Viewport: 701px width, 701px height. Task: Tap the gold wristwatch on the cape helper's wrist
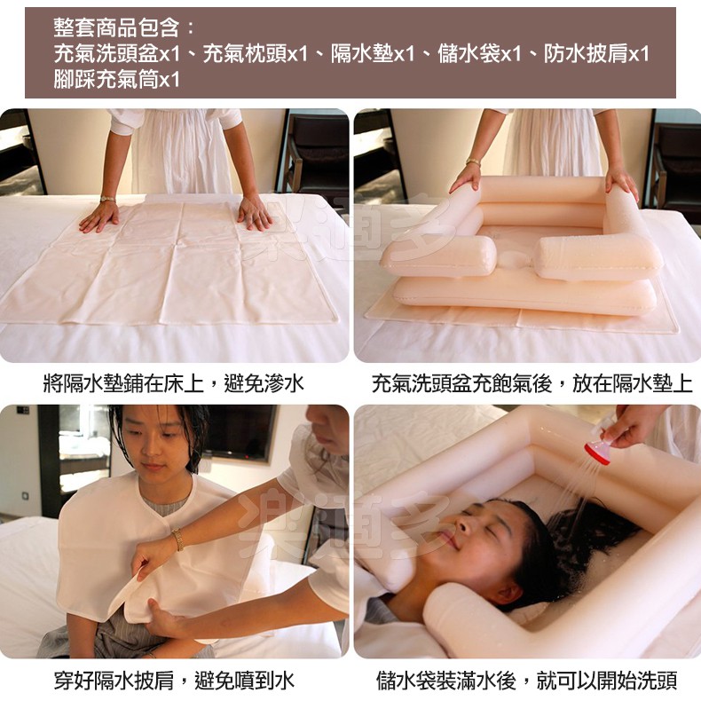pyautogui.click(x=178, y=539)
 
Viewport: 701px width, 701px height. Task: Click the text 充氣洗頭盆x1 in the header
pyautogui.click(x=116, y=54)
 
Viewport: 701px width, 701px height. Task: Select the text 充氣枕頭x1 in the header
pyautogui.click(x=256, y=54)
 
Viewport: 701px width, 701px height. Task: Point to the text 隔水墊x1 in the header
pyautogui.click(x=373, y=54)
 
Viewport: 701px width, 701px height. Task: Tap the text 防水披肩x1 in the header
pyautogui.click(x=596, y=54)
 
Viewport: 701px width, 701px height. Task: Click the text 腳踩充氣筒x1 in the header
pyautogui.click(x=116, y=80)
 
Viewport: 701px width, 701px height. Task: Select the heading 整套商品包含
pyautogui.click(x=116, y=28)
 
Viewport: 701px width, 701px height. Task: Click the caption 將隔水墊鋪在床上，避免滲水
pyautogui.click(x=174, y=383)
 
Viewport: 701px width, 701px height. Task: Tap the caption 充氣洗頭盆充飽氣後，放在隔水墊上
pyautogui.click(x=532, y=383)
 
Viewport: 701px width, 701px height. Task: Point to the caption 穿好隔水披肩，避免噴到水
pyautogui.click(x=174, y=680)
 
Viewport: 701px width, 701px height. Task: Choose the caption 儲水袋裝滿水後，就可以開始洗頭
pyautogui.click(x=527, y=680)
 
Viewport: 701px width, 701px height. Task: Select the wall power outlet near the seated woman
pyautogui.click(x=26, y=496)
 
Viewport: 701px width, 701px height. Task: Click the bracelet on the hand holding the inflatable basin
pyautogui.click(x=473, y=161)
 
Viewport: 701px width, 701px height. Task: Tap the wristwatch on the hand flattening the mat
pyautogui.click(x=107, y=199)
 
